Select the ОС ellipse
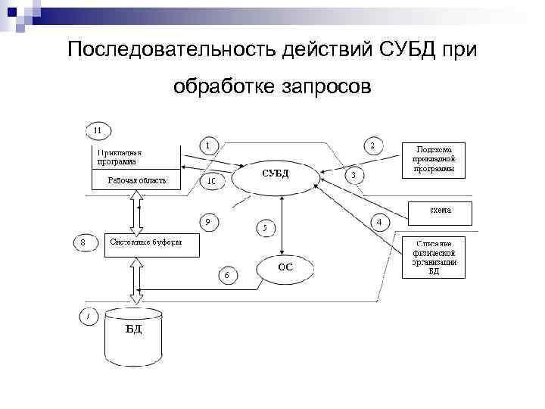point(285,267)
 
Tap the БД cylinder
point(133,334)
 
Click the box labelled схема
point(441,212)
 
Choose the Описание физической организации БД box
point(434,257)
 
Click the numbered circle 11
point(98,130)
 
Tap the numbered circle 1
point(209,144)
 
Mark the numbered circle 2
point(371,145)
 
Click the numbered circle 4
point(378,222)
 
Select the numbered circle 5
point(265,226)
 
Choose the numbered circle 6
point(226,274)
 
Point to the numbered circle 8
point(83,243)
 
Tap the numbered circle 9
point(208,222)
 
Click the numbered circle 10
point(212,182)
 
